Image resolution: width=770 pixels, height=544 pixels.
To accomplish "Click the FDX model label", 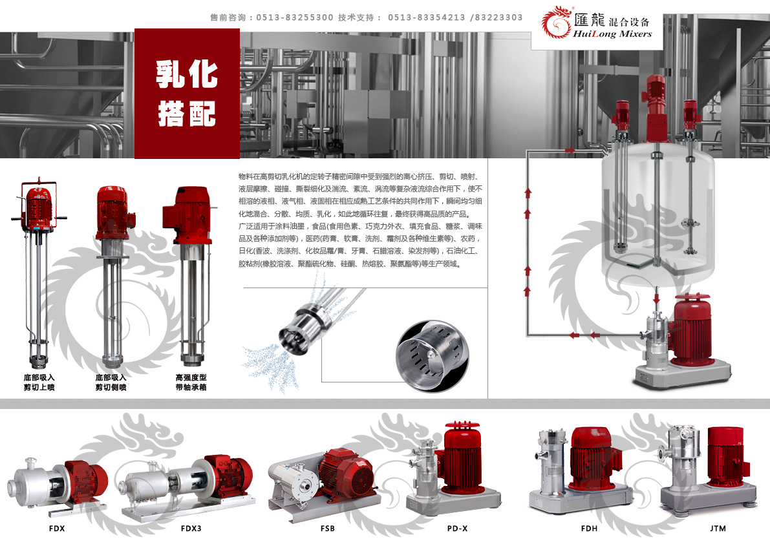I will [x=57, y=528].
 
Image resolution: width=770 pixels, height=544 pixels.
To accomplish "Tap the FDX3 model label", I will [x=191, y=528].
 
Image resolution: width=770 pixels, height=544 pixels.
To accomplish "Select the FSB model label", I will [x=328, y=528].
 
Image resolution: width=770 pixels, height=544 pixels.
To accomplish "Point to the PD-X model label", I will [x=457, y=528].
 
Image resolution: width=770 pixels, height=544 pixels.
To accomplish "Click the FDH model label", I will [x=589, y=528].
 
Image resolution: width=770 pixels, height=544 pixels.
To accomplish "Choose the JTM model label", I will [x=718, y=528].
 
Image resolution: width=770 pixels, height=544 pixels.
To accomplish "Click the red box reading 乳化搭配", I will [x=187, y=94].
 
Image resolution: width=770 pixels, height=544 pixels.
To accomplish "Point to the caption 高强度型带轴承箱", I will [x=191, y=382].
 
